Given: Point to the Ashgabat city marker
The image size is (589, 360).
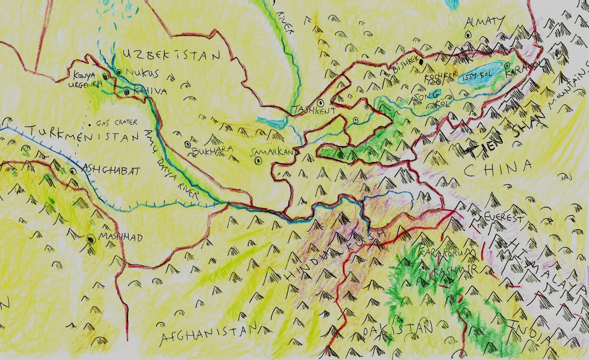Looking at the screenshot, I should pos(73,171).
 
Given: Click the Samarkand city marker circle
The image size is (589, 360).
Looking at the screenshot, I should pos(258,160).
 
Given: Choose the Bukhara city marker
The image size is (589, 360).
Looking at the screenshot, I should pos(188,144).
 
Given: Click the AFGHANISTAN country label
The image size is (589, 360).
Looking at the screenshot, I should pos(208,334).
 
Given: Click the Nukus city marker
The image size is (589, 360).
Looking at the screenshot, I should pos(119,72).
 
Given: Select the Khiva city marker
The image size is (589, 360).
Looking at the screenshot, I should pos(127,91).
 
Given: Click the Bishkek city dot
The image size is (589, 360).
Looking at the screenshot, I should pos(422,62).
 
